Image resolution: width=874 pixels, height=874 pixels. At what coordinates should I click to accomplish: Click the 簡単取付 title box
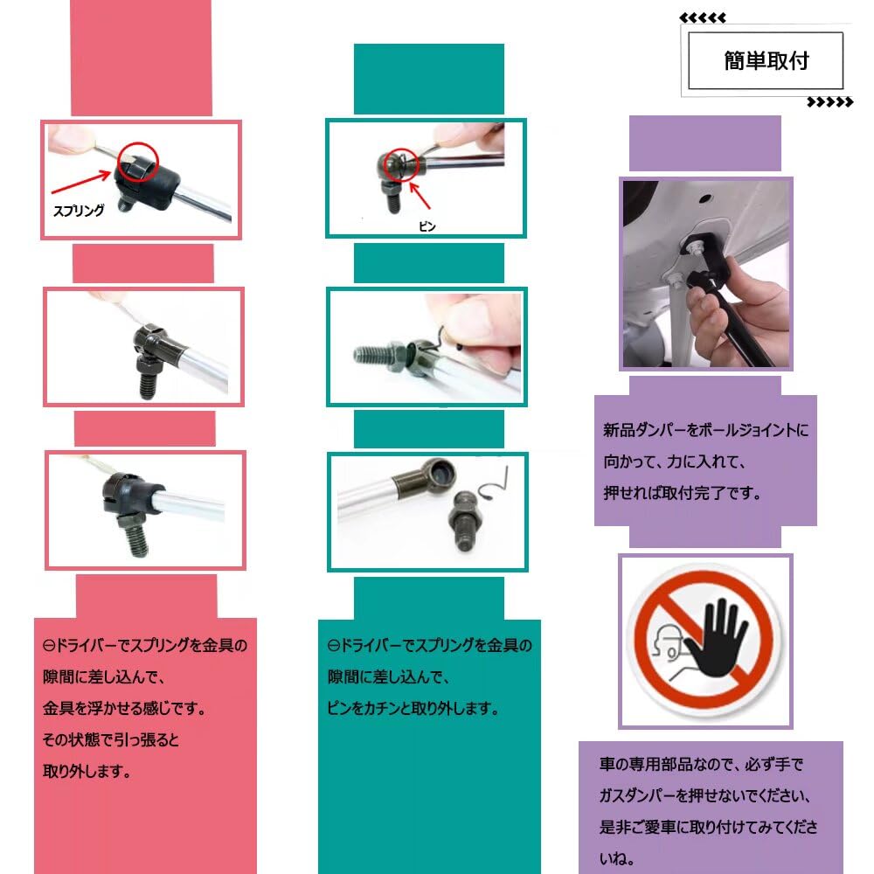tap(766, 60)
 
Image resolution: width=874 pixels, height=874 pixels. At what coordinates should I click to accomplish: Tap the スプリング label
tap(79, 211)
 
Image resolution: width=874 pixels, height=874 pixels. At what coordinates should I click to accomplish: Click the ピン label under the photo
tap(427, 226)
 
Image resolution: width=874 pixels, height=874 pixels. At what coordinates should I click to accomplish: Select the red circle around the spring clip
tap(138, 162)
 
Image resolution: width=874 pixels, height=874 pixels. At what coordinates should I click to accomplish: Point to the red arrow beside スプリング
tap(80, 183)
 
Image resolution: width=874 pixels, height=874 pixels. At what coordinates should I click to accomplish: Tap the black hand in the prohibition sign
tap(718, 638)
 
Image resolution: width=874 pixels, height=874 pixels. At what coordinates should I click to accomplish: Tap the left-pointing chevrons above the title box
tap(703, 17)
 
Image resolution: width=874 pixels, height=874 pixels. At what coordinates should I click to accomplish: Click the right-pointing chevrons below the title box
tap(830, 102)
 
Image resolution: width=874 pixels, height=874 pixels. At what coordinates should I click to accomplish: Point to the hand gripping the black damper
tap(736, 312)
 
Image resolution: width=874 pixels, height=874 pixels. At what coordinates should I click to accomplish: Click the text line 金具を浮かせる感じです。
tap(124, 709)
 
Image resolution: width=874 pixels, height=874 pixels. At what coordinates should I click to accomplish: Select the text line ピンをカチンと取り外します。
tap(413, 709)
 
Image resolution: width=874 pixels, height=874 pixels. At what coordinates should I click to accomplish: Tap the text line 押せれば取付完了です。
tap(682, 493)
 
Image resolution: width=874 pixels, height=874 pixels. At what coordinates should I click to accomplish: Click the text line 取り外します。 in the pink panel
tap(87, 772)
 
